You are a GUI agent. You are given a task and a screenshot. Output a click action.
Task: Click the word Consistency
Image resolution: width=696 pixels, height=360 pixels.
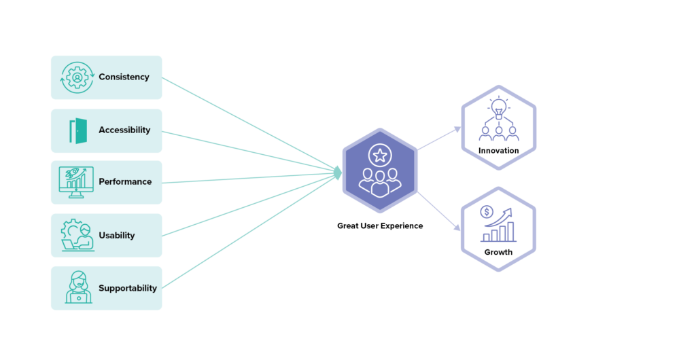(124, 77)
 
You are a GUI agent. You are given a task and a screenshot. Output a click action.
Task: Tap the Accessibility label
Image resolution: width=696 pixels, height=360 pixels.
(124, 130)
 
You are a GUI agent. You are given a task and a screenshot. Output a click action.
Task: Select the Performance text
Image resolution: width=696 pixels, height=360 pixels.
(125, 182)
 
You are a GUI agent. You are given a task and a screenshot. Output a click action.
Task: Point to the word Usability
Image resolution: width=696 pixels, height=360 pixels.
(117, 236)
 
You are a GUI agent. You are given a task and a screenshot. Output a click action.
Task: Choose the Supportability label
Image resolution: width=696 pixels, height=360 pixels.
(128, 288)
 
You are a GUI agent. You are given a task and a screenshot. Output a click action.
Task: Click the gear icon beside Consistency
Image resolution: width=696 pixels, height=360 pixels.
(77, 77)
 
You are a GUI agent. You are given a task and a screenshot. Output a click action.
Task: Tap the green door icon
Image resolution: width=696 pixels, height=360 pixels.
(79, 130)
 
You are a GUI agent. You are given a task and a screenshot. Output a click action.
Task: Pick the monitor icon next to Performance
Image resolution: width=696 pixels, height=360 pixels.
(76, 182)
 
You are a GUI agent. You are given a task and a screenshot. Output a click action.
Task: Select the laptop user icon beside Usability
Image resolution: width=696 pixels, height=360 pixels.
(77, 236)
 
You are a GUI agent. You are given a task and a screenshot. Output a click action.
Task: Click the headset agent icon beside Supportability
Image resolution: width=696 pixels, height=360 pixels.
(78, 287)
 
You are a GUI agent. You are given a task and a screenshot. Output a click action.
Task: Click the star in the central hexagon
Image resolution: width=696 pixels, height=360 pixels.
(380, 156)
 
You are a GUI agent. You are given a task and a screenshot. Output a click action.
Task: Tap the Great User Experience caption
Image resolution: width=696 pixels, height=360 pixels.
(380, 226)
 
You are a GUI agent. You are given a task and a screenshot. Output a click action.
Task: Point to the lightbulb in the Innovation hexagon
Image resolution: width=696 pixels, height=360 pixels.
(499, 107)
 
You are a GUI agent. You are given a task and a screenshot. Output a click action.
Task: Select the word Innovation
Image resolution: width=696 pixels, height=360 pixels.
(499, 151)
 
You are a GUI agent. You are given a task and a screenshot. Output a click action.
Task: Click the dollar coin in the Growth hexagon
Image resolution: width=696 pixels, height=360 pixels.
(487, 212)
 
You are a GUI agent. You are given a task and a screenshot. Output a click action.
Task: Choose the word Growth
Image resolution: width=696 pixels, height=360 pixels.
(499, 253)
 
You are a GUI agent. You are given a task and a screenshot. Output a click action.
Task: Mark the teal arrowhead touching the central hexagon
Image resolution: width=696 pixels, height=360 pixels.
(338, 173)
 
